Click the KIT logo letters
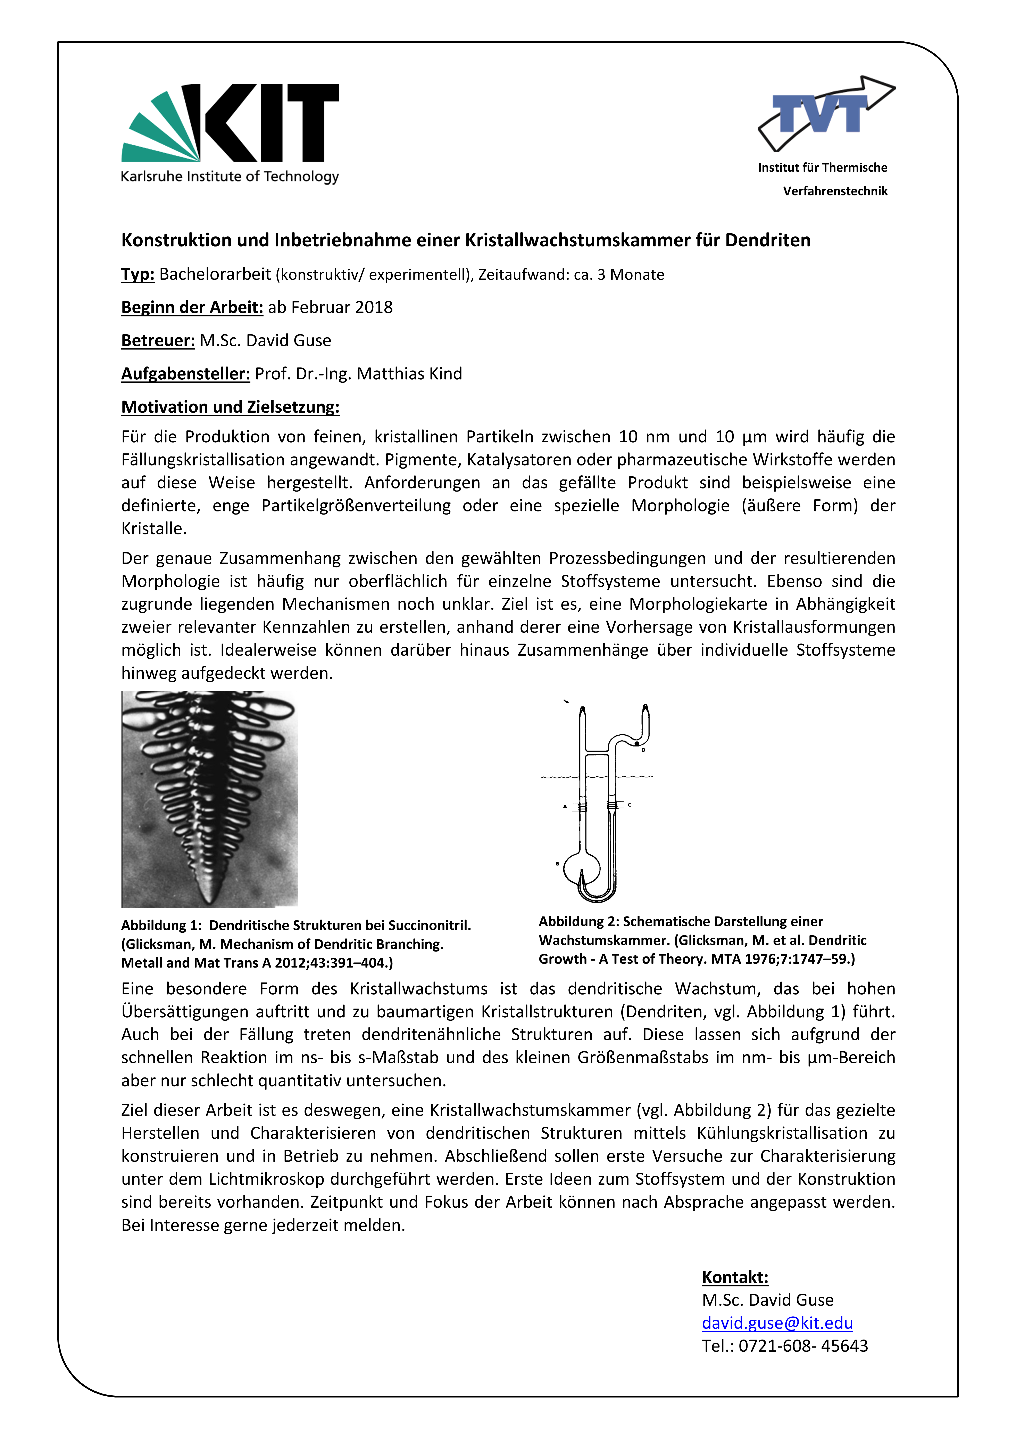(269, 123)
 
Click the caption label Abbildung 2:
(578, 921)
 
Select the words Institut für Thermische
(822, 167)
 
